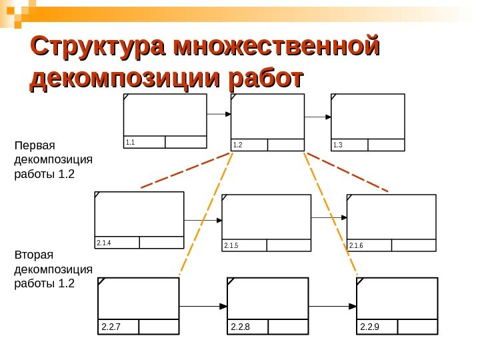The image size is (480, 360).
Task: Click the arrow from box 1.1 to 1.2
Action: tap(219, 115)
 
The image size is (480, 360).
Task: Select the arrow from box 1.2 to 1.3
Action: tap(318, 117)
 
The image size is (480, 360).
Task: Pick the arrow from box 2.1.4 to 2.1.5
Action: tap(203, 220)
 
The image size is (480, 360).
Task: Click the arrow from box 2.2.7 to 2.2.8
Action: tap(203, 307)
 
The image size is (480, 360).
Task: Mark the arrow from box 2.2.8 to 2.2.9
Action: tap(333, 307)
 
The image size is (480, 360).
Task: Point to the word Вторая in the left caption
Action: tap(33, 255)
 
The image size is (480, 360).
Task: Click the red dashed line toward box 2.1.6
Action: tap(347, 172)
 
